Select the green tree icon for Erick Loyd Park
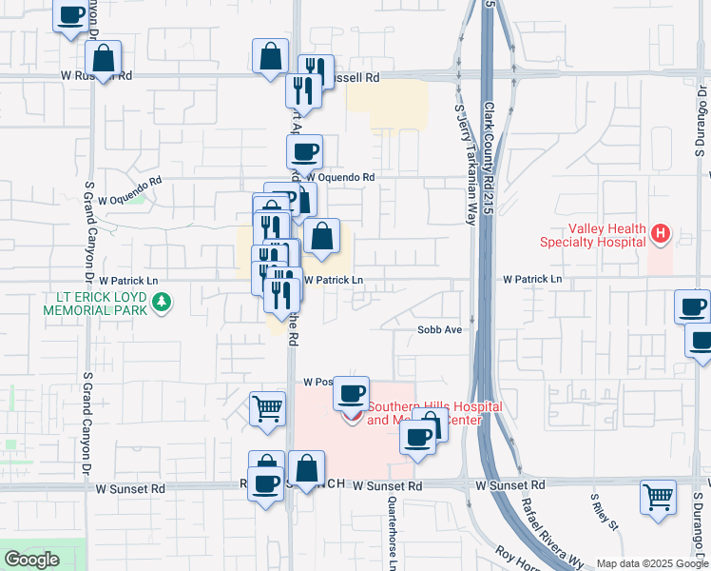(163, 303)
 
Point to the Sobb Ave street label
(439, 329)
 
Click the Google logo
(31, 560)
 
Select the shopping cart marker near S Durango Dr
(658, 497)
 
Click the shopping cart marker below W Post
(267, 408)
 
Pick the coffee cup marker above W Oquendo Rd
(304, 151)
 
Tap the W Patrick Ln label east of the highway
(532, 280)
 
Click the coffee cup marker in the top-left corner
(70, 16)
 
